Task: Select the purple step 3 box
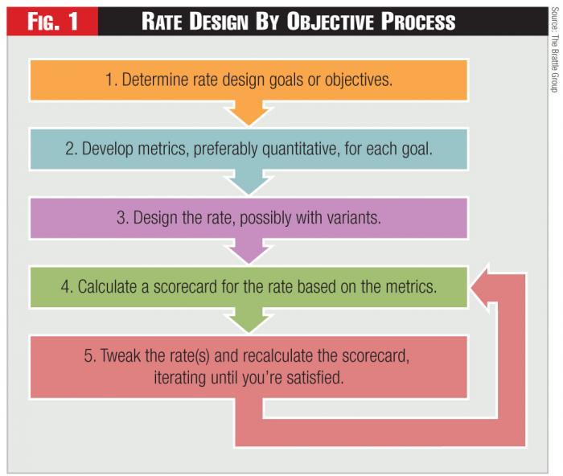coord(249,218)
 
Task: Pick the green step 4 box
coord(249,287)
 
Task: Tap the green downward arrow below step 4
coord(250,319)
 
